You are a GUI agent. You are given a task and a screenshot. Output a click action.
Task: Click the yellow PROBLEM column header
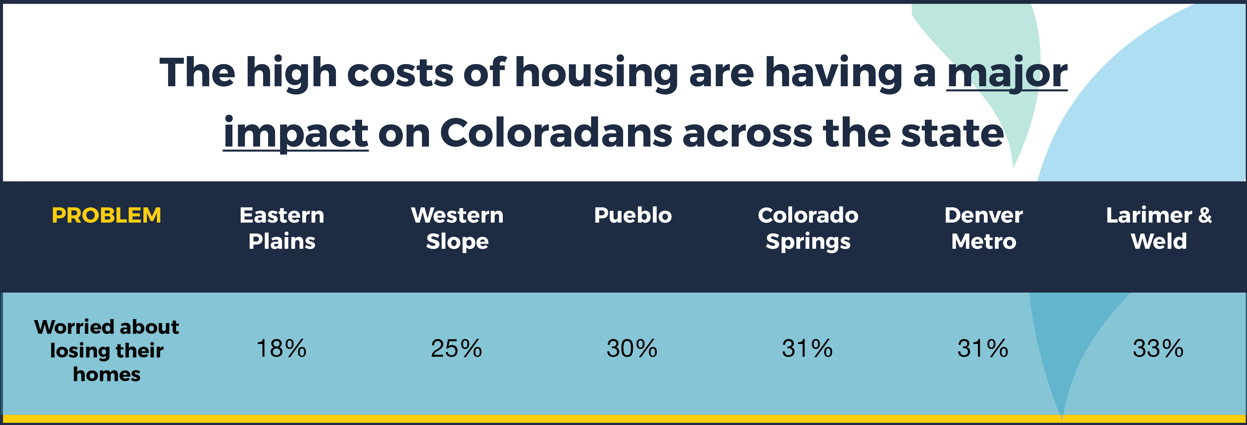tap(106, 215)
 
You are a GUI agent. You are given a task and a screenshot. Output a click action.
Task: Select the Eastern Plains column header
tap(282, 228)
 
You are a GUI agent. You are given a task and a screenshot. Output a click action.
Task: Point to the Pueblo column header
tap(633, 215)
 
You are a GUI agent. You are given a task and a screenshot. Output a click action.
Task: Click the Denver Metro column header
tap(984, 228)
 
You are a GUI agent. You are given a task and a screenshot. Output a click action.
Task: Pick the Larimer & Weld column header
tap(1159, 228)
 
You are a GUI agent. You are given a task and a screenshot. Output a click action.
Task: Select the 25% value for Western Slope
tap(456, 348)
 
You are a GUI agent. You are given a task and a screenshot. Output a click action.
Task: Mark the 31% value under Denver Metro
tap(983, 348)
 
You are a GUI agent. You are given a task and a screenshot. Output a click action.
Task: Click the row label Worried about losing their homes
tap(106, 350)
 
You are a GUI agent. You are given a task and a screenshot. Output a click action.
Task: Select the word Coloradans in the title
tap(556, 132)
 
